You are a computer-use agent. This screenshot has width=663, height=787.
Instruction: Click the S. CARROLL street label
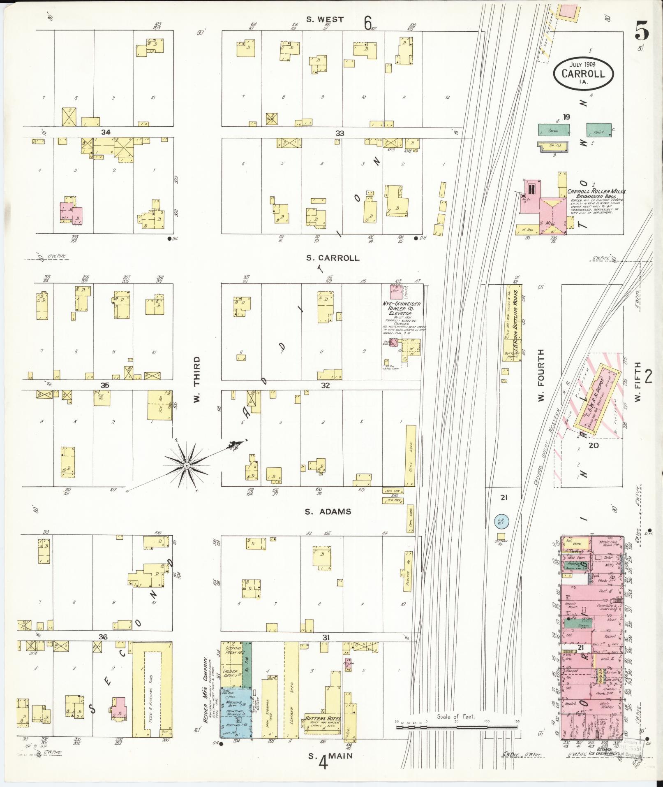tap(333, 258)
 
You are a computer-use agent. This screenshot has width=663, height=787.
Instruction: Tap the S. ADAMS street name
tap(328, 511)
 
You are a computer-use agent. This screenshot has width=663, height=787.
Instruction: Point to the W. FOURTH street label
tap(541, 376)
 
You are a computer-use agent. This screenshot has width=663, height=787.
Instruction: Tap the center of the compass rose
tap(187, 465)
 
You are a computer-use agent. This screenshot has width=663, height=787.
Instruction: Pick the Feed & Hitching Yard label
tap(151, 696)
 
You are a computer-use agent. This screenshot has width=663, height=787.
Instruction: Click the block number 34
tap(106, 132)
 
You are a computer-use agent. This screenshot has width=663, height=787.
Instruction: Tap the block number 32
tap(326, 385)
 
